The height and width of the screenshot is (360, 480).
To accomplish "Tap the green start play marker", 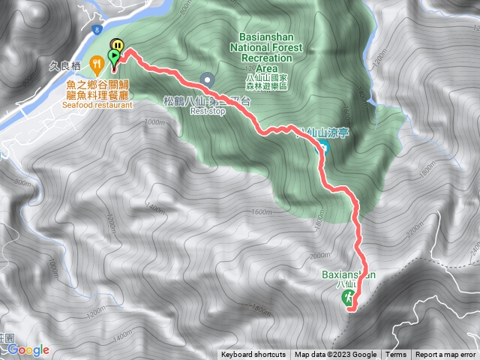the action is (114, 55).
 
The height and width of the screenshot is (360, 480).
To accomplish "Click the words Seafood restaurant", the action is (98, 105).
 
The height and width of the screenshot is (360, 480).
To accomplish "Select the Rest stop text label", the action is (208, 111).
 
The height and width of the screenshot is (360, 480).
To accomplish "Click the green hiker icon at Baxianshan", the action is (349, 298).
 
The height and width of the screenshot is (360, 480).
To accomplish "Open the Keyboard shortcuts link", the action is (253, 355).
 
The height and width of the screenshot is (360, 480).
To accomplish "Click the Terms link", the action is (396, 355).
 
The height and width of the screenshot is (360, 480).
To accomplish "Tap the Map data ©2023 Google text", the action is (335, 355).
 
